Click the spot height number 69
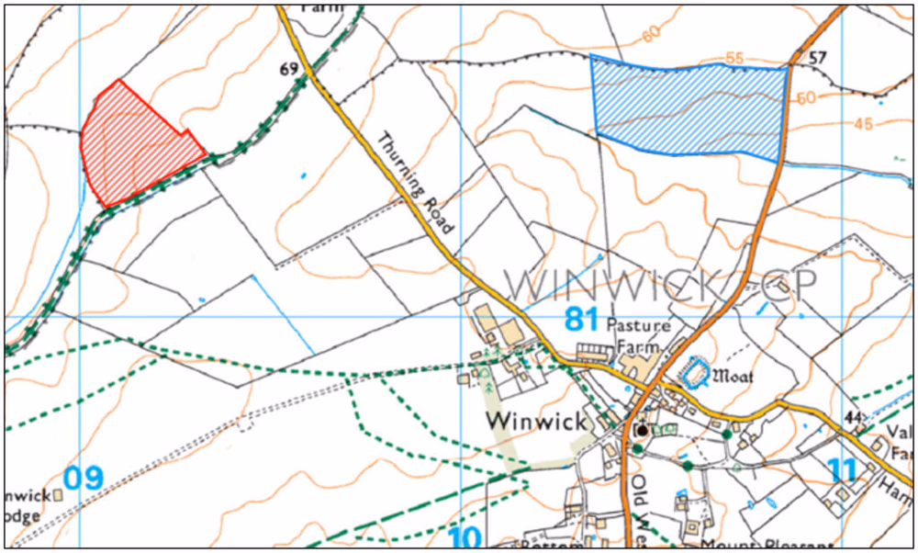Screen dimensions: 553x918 click(289, 70)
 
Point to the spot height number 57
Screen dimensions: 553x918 click(818, 58)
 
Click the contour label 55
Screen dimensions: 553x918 click(734, 58)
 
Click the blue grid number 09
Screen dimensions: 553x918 click(84, 478)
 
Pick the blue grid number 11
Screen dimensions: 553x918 click(841, 470)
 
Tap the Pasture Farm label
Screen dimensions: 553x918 click(637, 334)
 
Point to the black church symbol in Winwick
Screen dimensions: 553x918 click(643, 429)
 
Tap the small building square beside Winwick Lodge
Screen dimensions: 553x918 click(59, 494)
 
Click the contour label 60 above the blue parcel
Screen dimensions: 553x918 click(653, 35)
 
